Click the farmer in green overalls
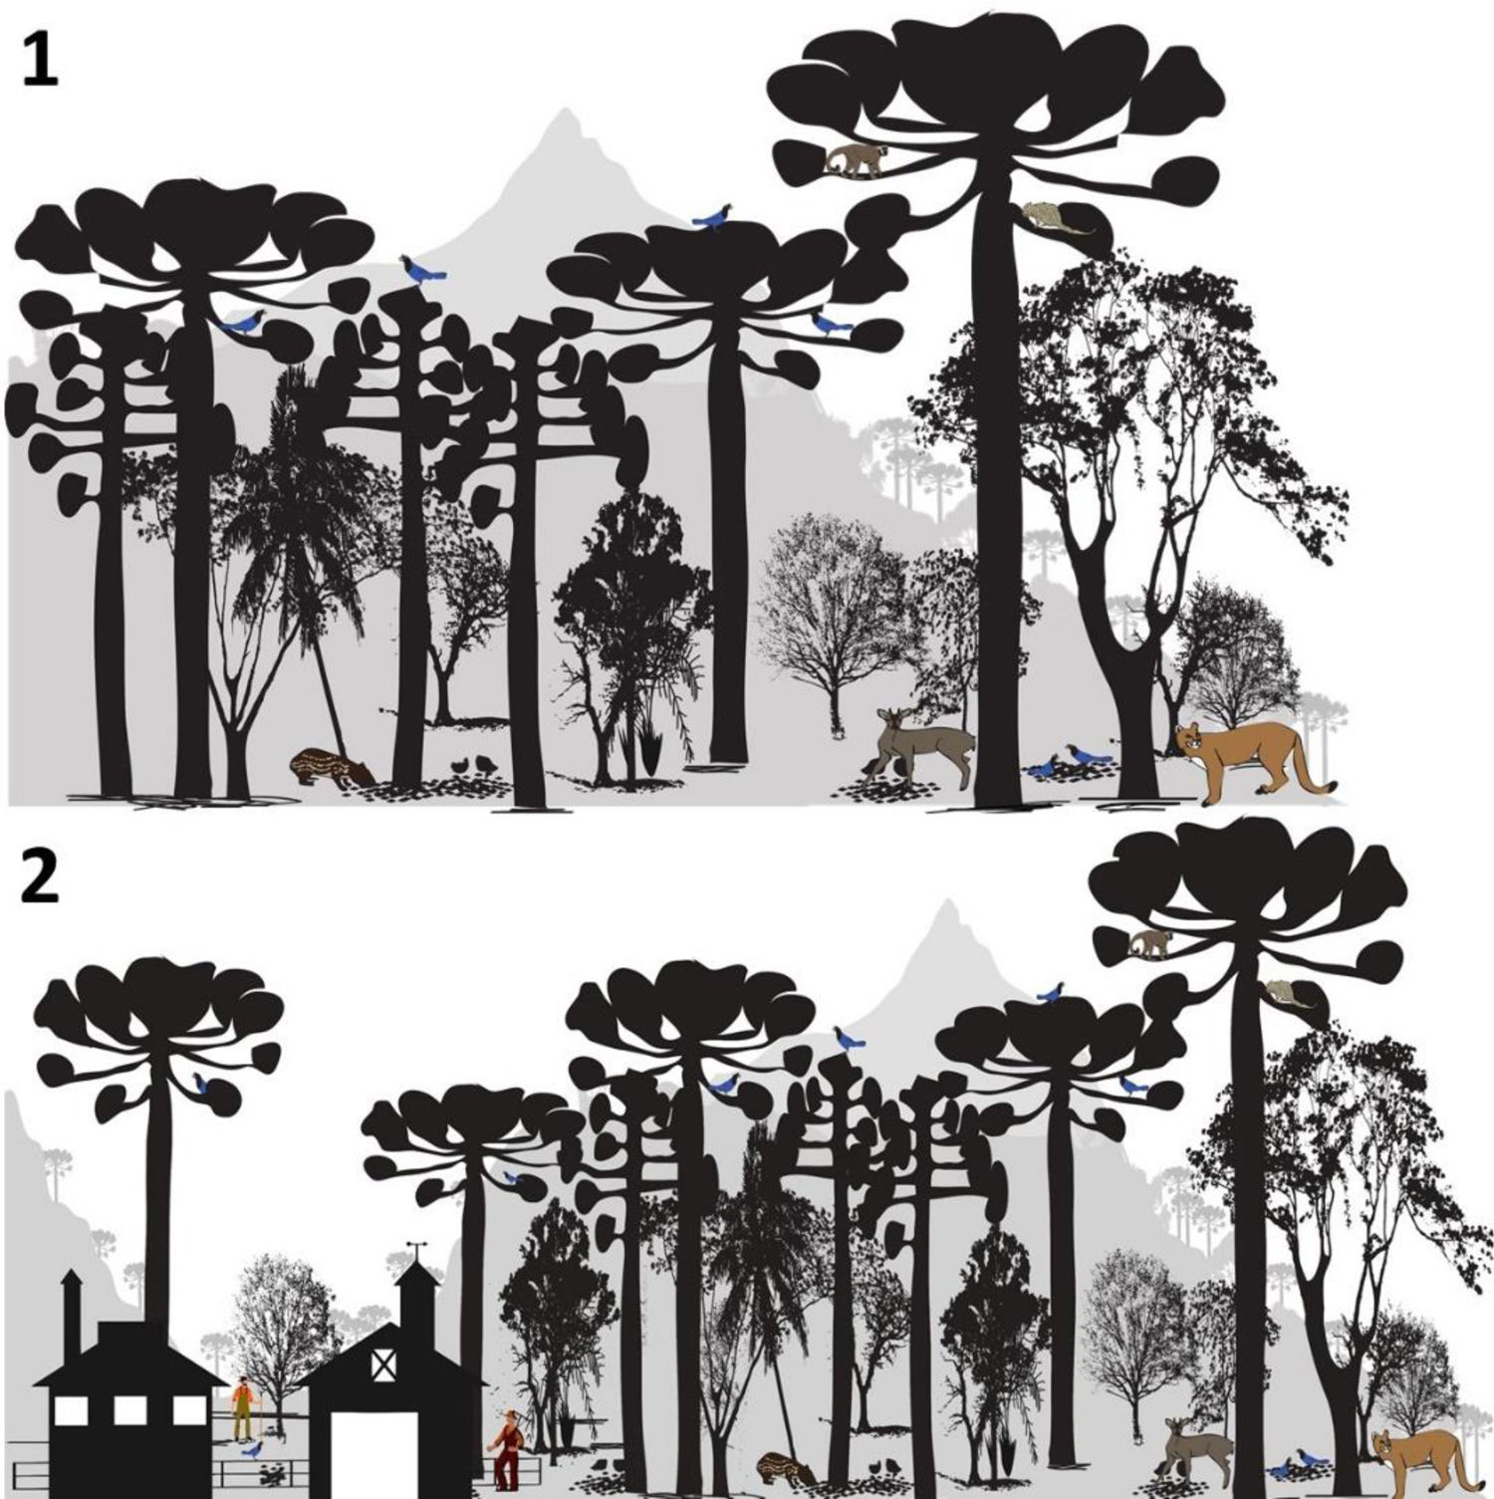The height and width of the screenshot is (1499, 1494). [244, 1407]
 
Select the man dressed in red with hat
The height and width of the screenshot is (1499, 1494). [509, 1444]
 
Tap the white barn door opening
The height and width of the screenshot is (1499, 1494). [383, 1454]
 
